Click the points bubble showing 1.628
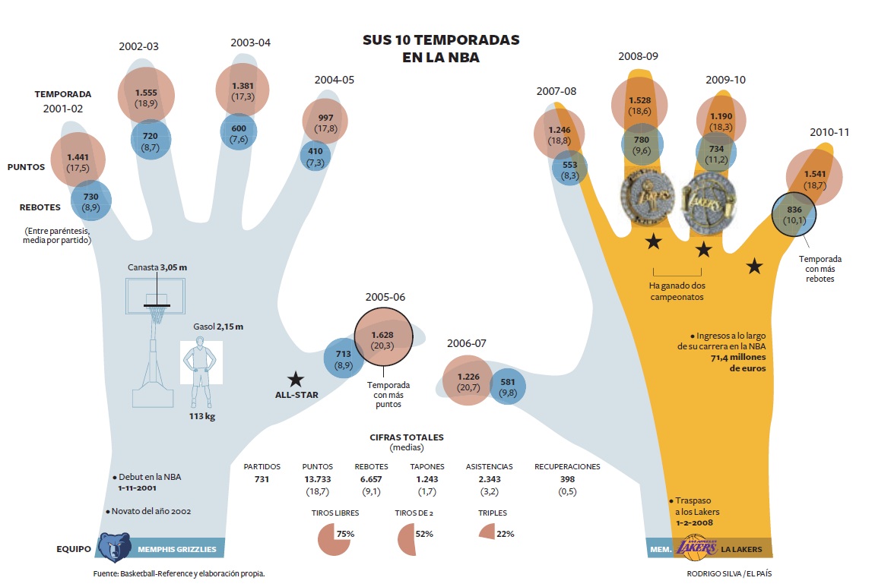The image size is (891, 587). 383,339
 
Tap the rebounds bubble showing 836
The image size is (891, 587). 794,215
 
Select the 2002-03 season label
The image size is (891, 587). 138,46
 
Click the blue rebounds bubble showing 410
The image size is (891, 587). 315,156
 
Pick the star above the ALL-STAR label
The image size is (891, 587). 296,379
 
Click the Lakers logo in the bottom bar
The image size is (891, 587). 695,547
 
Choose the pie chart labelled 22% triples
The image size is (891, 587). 487,533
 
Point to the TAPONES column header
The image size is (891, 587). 427,466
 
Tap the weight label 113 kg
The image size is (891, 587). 201,416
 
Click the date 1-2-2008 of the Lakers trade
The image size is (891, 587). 698,523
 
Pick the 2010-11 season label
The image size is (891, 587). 829,132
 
